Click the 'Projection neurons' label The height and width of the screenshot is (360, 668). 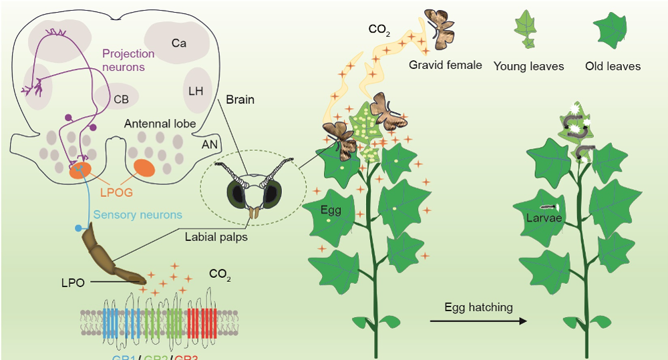[128, 60]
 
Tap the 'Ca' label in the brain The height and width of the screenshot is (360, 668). [178, 43]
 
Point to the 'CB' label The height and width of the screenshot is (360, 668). [121, 100]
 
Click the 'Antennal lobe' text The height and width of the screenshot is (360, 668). [160, 124]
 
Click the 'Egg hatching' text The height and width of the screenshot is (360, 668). [478, 307]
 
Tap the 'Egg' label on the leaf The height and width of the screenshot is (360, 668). [331, 210]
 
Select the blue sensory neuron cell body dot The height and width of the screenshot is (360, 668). [79, 228]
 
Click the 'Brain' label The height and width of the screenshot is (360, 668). [239, 100]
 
